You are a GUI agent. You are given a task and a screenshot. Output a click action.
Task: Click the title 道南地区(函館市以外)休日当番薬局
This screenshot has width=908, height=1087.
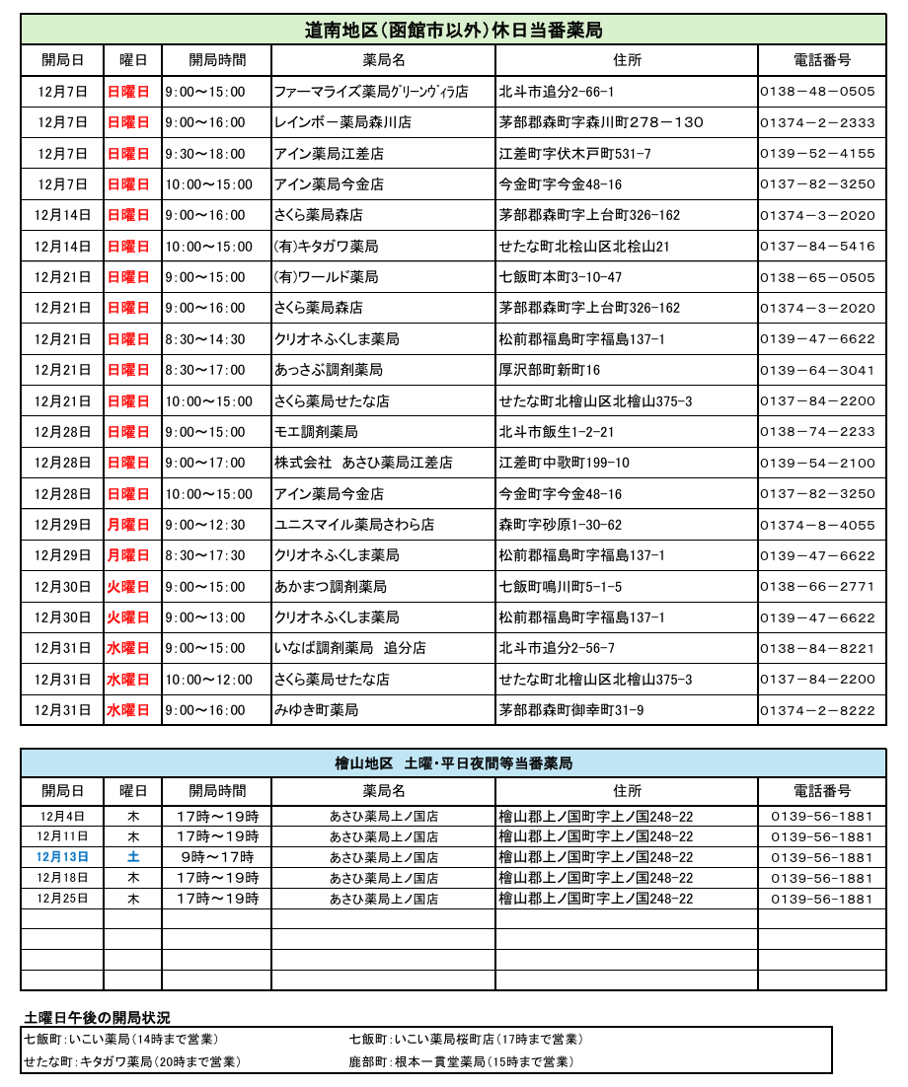453,30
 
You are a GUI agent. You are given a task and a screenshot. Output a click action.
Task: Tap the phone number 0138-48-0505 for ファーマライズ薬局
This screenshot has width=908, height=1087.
817,92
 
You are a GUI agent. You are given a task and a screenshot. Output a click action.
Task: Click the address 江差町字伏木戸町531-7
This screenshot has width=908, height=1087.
575,154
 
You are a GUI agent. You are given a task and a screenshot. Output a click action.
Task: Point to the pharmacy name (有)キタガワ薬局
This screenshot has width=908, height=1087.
326,247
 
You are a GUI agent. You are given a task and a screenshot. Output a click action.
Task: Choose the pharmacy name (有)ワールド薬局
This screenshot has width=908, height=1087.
326,277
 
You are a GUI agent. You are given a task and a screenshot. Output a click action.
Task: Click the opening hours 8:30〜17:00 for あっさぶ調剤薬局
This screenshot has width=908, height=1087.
205,370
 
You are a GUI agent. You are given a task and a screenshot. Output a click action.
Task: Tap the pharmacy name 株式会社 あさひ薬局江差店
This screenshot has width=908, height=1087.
363,463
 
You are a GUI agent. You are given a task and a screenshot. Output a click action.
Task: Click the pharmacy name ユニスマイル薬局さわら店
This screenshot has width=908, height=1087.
354,525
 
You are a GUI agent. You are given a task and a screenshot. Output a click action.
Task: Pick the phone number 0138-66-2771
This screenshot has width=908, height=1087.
817,587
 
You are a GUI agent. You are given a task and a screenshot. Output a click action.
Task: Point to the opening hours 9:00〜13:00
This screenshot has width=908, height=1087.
205,617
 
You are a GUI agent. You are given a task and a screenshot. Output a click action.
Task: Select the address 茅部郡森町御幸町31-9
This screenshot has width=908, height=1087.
571,710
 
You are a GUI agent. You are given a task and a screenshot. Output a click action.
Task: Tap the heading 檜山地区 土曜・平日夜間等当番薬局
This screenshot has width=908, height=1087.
453,763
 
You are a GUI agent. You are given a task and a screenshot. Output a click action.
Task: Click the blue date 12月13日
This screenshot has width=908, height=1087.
62,857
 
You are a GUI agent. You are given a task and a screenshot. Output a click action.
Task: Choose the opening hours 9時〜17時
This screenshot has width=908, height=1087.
216,857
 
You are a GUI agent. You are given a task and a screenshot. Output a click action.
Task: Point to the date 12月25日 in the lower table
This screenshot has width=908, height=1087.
62,899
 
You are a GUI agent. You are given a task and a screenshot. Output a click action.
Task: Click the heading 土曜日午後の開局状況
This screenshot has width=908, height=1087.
97,1017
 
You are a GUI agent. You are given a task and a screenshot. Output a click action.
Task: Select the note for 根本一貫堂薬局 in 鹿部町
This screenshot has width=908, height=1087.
461,1062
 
